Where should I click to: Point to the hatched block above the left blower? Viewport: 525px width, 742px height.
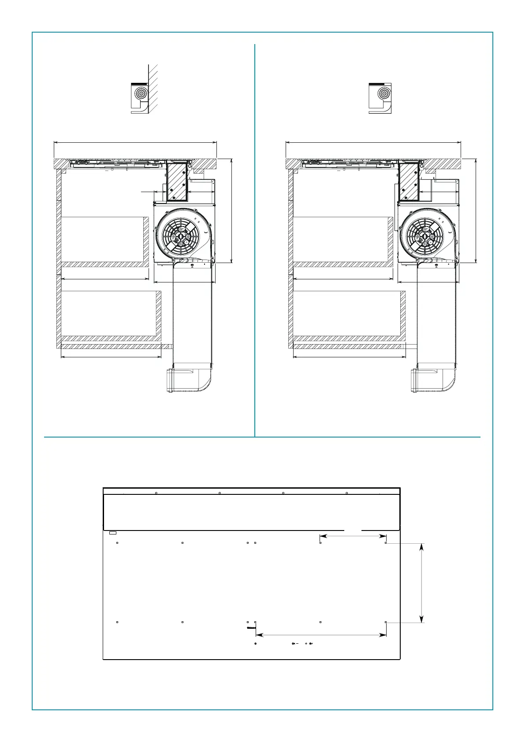click(x=177, y=181)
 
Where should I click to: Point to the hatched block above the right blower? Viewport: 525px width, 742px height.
click(x=408, y=181)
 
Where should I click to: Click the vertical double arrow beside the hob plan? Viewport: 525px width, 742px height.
click(x=422, y=582)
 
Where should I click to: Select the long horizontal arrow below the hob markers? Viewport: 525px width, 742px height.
click(x=321, y=635)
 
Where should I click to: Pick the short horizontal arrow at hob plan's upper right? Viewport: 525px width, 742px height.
click(x=353, y=536)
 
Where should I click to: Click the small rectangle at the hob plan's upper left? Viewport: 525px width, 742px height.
click(x=113, y=533)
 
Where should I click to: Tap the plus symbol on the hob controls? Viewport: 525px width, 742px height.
click(x=306, y=644)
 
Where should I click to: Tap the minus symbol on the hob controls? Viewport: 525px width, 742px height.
click(x=298, y=644)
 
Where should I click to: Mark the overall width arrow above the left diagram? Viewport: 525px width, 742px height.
click(x=135, y=142)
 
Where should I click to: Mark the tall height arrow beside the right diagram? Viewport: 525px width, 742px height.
click(x=476, y=211)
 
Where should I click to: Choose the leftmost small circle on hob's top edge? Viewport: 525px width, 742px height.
click(x=156, y=493)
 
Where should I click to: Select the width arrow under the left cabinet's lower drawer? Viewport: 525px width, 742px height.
click(x=111, y=357)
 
